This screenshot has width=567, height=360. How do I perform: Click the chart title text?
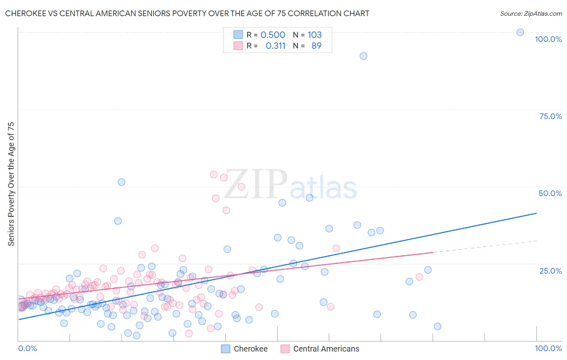tap(187, 13)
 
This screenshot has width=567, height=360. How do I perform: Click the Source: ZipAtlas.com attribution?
tap(531, 13)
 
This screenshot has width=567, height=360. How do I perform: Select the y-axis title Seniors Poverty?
tap(11, 184)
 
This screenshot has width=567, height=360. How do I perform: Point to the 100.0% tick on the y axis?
tap(548, 39)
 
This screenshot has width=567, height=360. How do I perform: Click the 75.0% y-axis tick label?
tap(550, 116)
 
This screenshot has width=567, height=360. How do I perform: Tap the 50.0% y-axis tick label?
tap(550, 193)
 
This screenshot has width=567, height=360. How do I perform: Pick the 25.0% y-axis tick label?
tap(550, 270)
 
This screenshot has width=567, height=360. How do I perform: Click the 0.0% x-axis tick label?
tap(27, 348)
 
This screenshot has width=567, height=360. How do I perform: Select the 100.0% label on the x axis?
tap(548, 348)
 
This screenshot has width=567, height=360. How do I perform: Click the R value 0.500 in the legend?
tap(273, 35)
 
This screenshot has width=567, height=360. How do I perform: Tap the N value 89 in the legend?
tap(316, 46)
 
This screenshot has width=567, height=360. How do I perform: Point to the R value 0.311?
tap(275, 46)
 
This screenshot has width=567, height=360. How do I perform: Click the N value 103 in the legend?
tap(315, 35)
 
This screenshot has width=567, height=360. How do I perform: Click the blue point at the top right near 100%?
tap(520, 32)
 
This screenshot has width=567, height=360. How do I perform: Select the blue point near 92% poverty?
tap(363, 56)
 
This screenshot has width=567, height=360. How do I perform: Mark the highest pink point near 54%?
tap(214, 174)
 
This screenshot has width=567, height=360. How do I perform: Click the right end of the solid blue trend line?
tap(536, 213)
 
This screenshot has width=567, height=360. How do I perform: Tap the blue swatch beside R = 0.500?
tap(238, 35)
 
